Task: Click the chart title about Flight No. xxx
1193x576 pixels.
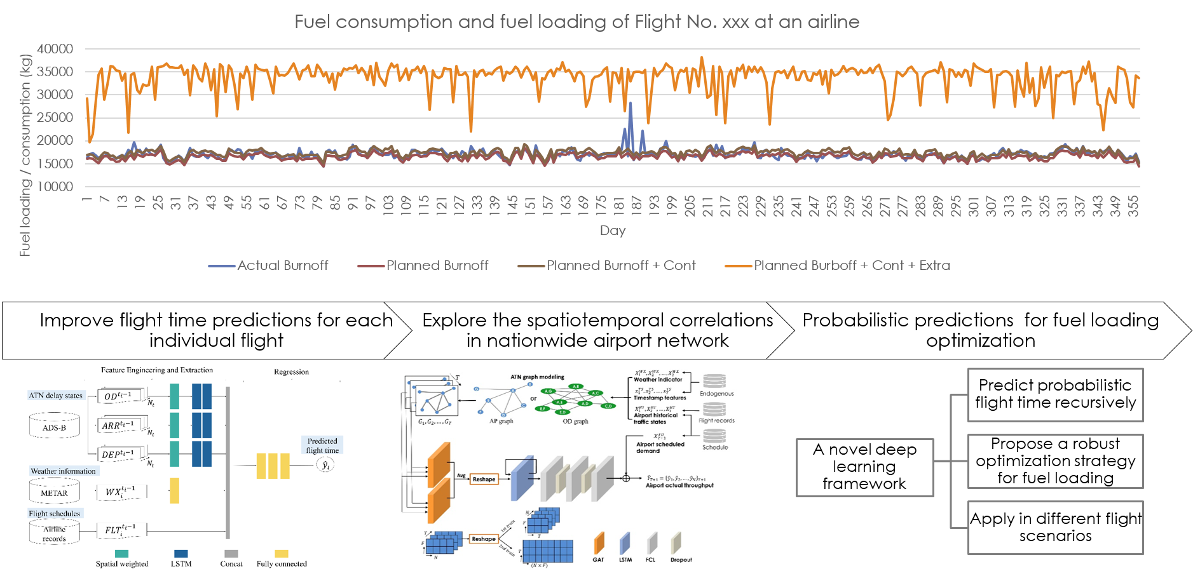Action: (576, 22)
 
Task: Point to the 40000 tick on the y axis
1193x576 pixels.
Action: (55, 49)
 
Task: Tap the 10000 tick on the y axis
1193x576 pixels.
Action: (55, 187)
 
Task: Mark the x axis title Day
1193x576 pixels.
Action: (613, 231)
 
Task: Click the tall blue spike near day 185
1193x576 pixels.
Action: (631, 108)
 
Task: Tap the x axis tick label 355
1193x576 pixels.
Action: (1133, 206)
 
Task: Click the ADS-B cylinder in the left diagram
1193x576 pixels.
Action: (54, 427)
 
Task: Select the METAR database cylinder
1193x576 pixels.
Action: (54, 492)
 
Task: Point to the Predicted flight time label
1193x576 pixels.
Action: (322, 445)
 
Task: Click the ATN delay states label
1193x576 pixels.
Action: (56, 396)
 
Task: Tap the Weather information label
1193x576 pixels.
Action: (63, 471)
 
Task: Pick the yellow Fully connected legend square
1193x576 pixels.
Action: (281, 553)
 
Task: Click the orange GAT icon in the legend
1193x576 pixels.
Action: (599, 544)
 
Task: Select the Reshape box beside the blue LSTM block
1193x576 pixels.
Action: (484, 479)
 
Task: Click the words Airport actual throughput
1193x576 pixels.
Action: (679, 485)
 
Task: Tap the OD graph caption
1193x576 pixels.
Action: (575, 421)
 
